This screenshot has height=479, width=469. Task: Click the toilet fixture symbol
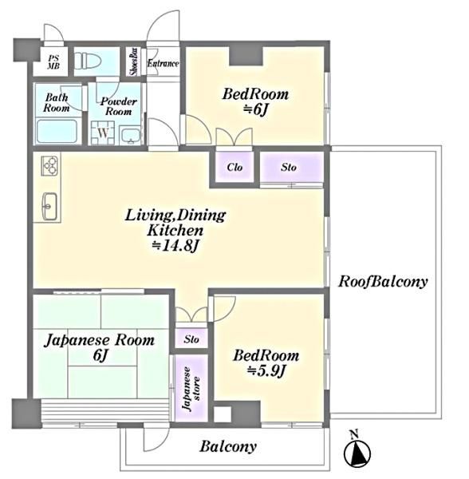(x=88, y=60)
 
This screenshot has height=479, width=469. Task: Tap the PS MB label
(x=53, y=62)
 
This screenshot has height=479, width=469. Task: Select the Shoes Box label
(x=134, y=61)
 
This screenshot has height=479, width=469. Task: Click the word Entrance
(x=163, y=64)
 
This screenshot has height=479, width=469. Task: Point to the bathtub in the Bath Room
(x=57, y=132)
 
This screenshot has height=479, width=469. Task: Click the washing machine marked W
(x=103, y=133)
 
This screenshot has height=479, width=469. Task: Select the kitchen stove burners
(x=49, y=166)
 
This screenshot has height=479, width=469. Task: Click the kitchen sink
(x=49, y=206)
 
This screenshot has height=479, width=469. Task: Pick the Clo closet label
(x=235, y=167)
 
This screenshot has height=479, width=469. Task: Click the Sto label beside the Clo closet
(x=289, y=167)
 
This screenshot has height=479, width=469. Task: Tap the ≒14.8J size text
(x=175, y=246)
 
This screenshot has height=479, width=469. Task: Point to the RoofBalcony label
(x=383, y=282)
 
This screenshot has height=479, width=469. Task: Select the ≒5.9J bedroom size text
(x=266, y=371)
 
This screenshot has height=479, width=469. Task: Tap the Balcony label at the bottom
(x=228, y=446)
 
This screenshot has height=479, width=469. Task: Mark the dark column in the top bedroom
(x=246, y=56)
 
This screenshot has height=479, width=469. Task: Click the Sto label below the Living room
(x=191, y=339)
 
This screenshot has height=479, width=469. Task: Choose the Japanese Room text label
(x=100, y=341)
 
